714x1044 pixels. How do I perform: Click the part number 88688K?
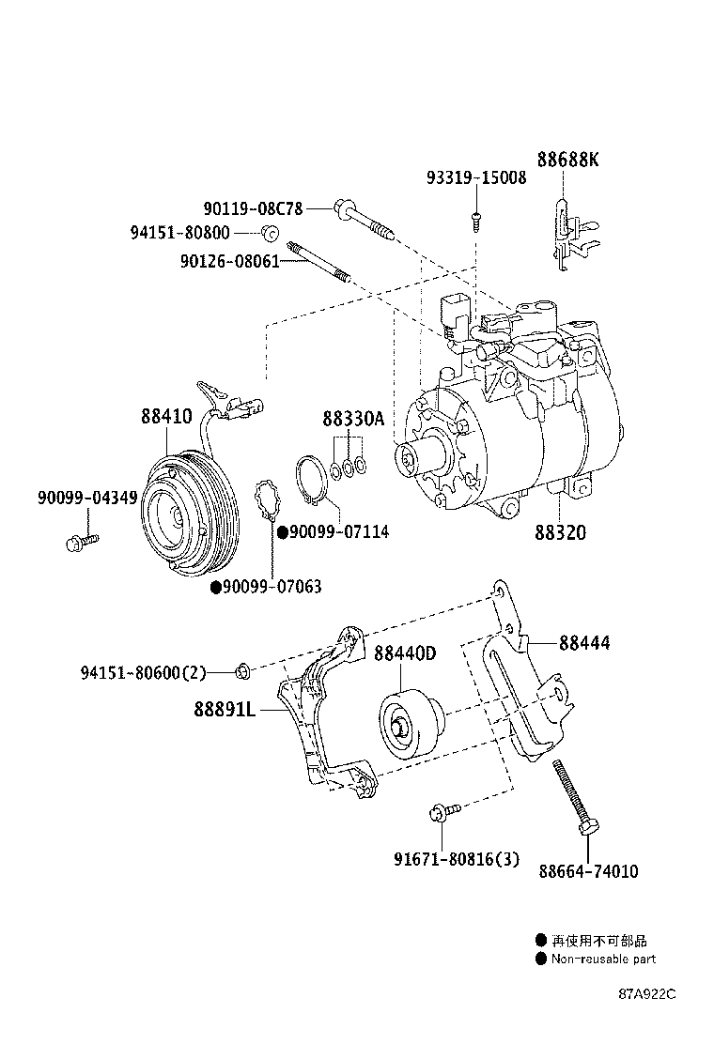(567, 160)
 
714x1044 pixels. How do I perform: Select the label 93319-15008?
(476, 177)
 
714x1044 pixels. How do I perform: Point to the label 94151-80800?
(179, 231)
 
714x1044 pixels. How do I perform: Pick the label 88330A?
(353, 420)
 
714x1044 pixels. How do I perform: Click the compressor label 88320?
(561, 532)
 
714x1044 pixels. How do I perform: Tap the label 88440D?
(405, 654)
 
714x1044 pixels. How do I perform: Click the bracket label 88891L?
(225, 711)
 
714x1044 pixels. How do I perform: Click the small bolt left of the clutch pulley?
(81, 541)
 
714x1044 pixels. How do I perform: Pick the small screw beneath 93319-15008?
(476, 219)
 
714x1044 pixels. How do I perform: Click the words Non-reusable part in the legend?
(603, 959)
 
